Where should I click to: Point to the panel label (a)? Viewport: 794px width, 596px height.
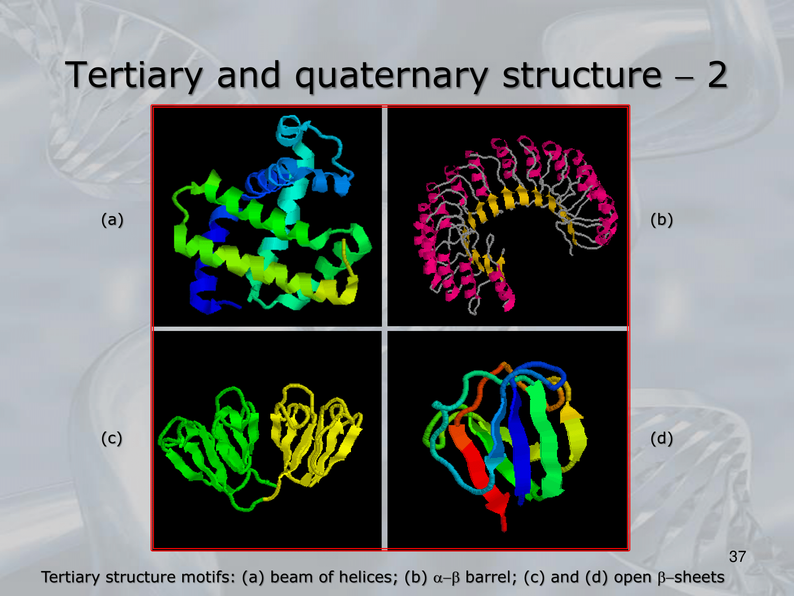point(112,220)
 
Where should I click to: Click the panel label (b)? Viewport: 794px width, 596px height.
point(661,220)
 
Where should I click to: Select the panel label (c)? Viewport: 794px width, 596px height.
point(112,438)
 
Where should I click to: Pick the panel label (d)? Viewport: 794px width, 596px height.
point(661,438)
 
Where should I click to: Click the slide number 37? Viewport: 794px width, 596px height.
point(737,557)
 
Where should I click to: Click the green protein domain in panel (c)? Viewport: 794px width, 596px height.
point(210,441)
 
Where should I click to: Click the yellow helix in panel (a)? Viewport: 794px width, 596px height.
point(337,290)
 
